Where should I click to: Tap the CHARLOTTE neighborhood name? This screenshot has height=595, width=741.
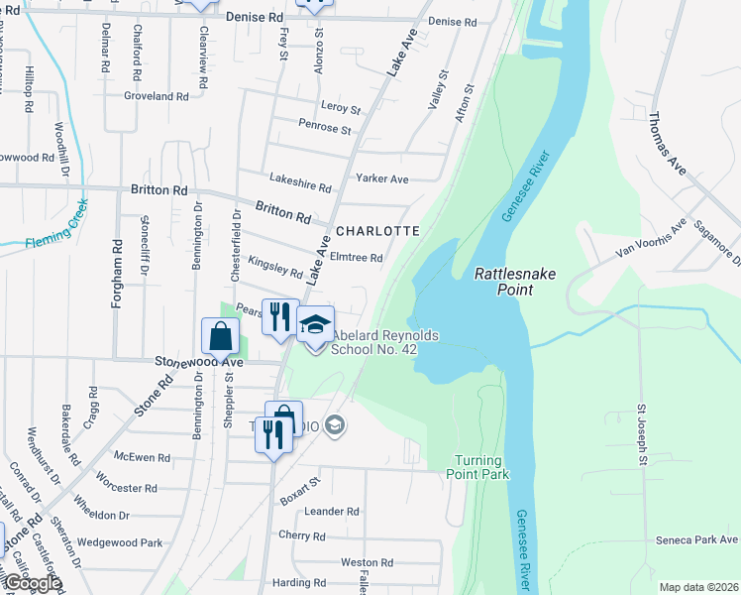[x=377, y=230]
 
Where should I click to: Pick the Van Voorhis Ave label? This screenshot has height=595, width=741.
[x=651, y=239]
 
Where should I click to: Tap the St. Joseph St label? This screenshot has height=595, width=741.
[x=642, y=433]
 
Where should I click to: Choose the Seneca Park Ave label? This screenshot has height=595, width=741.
[x=696, y=540]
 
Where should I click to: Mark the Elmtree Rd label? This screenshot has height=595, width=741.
[x=356, y=258]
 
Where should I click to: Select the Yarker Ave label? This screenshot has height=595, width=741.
[x=382, y=179]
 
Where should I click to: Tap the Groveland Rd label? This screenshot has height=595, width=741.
[x=156, y=96]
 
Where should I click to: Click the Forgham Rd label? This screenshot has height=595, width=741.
[x=117, y=273]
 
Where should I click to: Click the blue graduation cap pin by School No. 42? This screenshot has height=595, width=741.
[x=316, y=326]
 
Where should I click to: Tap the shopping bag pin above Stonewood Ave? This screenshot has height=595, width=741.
[x=220, y=337]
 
